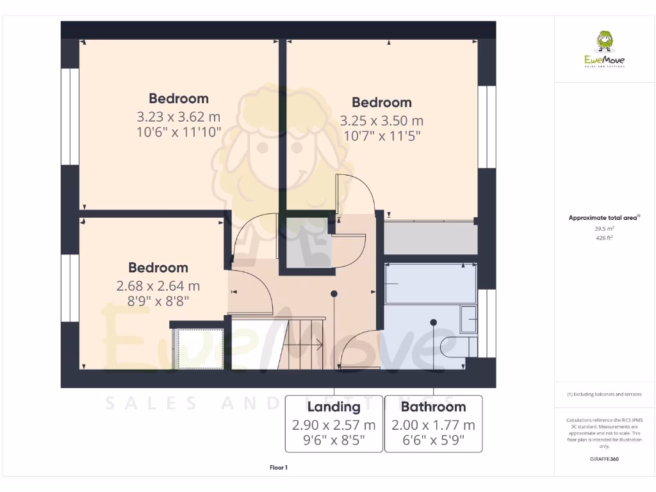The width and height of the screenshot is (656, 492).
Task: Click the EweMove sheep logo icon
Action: pyautogui.click(x=604, y=42)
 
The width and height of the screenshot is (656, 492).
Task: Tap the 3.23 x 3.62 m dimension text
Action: pyautogui.click(x=178, y=117)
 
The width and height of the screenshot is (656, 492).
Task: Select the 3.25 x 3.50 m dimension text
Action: pyautogui.click(x=381, y=120)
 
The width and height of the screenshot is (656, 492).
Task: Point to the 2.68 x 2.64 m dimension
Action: pyautogui.click(x=158, y=286)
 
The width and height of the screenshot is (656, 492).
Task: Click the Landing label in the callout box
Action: pyautogui.click(x=334, y=407)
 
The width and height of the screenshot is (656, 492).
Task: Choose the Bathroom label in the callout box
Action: pyautogui.click(x=433, y=407)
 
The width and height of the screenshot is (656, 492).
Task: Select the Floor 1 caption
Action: pyautogui.click(x=279, y=468)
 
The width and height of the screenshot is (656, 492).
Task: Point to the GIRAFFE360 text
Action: pyautogui.click(x=604, y=459)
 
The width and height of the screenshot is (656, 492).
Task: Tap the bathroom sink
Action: pyautogui.click(x=468, y=319)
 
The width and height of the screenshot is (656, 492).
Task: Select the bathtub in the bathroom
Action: pyautogui.click(x=430, y=283)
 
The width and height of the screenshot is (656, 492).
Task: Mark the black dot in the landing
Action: pyautogui.click(x=334, y=294)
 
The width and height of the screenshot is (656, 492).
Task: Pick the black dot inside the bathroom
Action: pyautogui.click(x=434, y=322)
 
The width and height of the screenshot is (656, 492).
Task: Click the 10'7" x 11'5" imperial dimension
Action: pyautogui.click(x=381, y=136)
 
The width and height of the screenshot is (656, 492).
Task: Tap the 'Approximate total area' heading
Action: pyautogui.click(x=603, y=218)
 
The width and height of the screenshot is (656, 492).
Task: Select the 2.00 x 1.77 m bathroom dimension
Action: pyautogui.click(x=433, y=425)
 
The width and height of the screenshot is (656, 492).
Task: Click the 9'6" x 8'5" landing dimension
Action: pyautogui.click(x=334, y=441)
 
